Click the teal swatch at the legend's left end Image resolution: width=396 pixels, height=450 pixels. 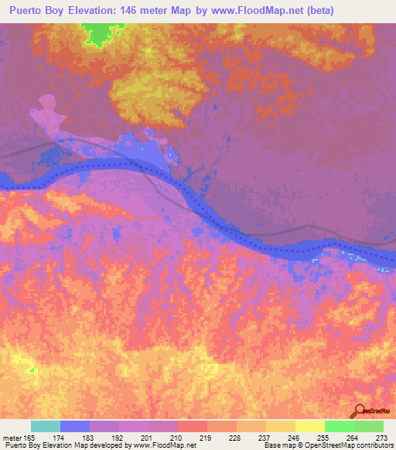(x=46, y=426)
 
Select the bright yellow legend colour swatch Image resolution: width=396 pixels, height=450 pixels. (x=309, y=426)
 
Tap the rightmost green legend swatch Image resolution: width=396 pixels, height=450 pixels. (x=368, y=426)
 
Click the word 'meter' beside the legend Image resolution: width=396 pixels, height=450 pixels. (x=12, y=437)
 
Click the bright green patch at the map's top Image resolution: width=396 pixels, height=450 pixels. (x=97, y=32)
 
